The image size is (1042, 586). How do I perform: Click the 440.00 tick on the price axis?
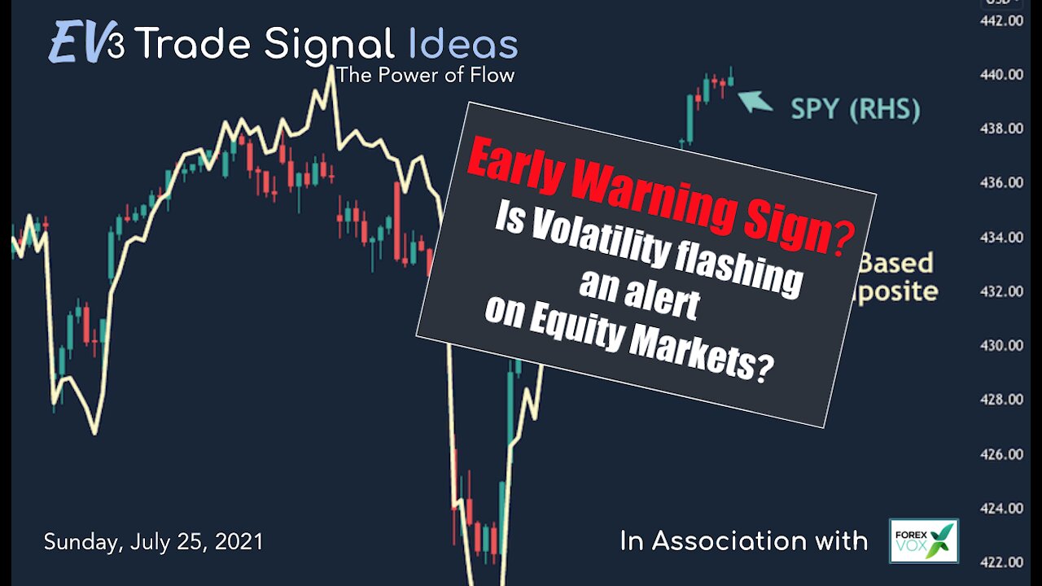1001,75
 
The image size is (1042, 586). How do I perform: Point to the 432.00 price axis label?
1001,291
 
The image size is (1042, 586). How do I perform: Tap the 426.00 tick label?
1001,454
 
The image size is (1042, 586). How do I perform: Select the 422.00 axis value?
1001,562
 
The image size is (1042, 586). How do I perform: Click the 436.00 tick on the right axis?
1001,183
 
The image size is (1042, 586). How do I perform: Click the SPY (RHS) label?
856,110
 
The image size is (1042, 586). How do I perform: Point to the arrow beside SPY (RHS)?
755,101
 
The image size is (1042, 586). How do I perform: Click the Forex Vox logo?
923,540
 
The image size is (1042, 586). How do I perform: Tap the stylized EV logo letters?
76,44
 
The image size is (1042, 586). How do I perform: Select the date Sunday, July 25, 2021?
154,541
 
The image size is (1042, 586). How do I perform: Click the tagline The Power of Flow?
425,76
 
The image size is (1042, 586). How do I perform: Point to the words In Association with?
743,540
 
